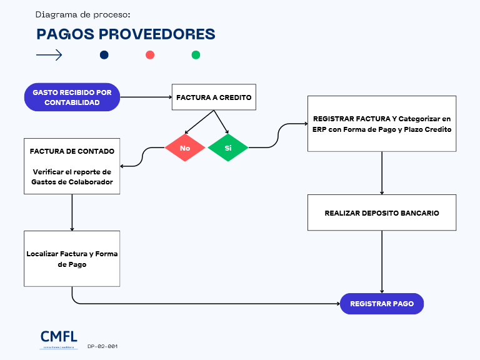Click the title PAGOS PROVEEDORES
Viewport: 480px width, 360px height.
click(x=126, y=34)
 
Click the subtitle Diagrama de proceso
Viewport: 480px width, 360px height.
click(x=83, y=14)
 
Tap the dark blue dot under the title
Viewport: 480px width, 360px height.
click(x=104, y=55)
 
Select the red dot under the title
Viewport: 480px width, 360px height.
click(x=150, y=55)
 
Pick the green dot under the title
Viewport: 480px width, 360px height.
click(x=196, y=55)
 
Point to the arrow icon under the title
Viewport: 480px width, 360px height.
click(x=49, y=55)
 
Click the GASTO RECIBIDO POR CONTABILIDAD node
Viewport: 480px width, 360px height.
click(x=72, y=97)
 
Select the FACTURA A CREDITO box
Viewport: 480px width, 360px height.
click(x=214, y=97)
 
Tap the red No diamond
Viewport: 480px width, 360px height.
click(x=185, y=148)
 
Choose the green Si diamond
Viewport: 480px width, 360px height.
click(x=228, y=148)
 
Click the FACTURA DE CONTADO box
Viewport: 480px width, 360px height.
click(x=72, y=166)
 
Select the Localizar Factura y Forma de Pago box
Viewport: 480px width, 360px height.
click(x=72, y=259)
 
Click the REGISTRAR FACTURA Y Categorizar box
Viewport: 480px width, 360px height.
click(x=381, y=123)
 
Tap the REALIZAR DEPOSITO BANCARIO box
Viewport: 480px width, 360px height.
click(x=381, y=212)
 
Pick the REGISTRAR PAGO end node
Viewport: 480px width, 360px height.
click(x=381, y=304)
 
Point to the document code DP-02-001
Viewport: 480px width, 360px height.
click(x=102, y=346)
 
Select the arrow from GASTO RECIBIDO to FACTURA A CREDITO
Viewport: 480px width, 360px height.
click(x=146, y=97)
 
